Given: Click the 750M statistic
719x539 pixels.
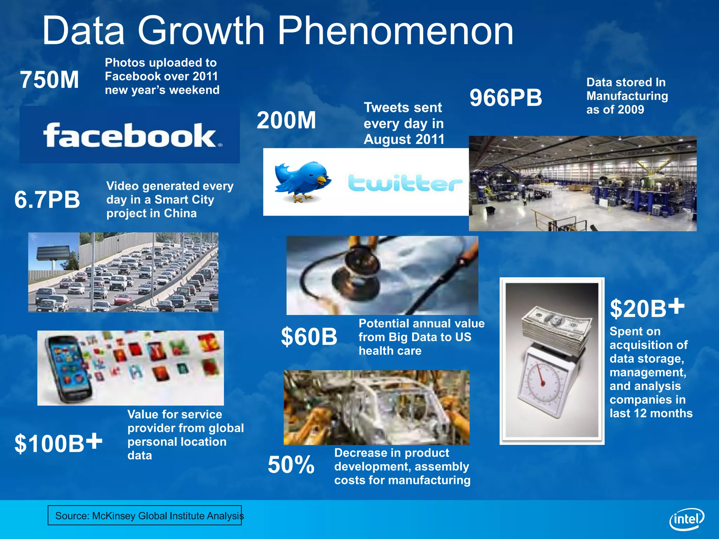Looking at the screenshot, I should [x=50, y=80].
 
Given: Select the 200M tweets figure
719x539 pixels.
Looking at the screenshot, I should [x=286, y=120].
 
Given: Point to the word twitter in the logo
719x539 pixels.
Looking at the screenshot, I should [x=405, y=183].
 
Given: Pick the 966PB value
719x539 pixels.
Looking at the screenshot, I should [x=506, y=98].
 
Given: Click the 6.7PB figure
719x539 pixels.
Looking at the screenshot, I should [x=47, y=200].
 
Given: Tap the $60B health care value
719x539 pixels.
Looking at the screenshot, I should [x=309, y=337].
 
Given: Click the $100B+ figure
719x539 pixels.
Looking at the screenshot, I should [x=58, y=443].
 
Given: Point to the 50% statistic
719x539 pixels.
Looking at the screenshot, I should [x=291, y=465].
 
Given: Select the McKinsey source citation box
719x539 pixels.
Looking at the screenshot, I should [x=145, y=515].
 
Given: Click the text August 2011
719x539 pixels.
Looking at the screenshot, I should [x=404, y=139].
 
